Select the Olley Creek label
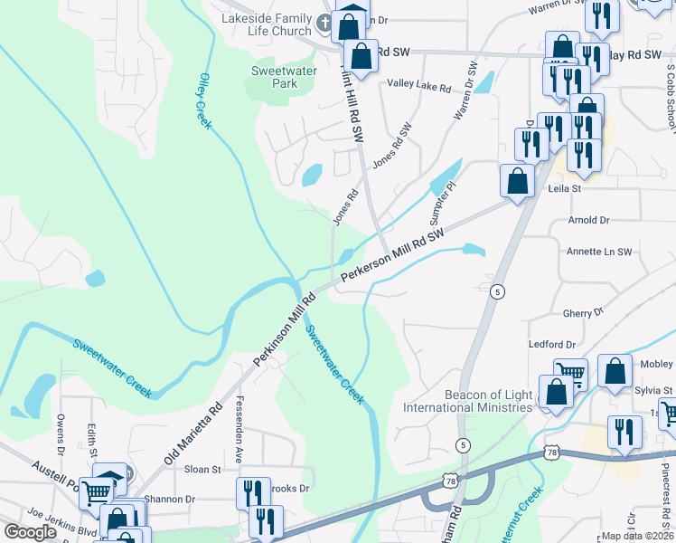(x=204, y=101)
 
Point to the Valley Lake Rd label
(x=418, y=87)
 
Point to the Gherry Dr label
(x=582, y=312)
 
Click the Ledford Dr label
(x=552, y=345)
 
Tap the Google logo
(x=31, y=531)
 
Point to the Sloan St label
(x=202, y=470)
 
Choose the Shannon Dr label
(x=171, y=499)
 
